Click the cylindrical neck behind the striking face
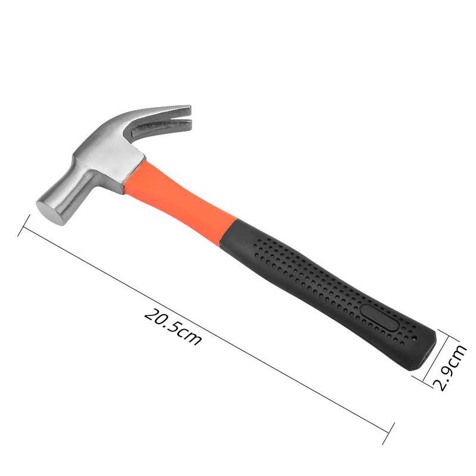click(72, 195)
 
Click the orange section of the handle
click(179, 198)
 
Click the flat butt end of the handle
click(427, 352)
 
